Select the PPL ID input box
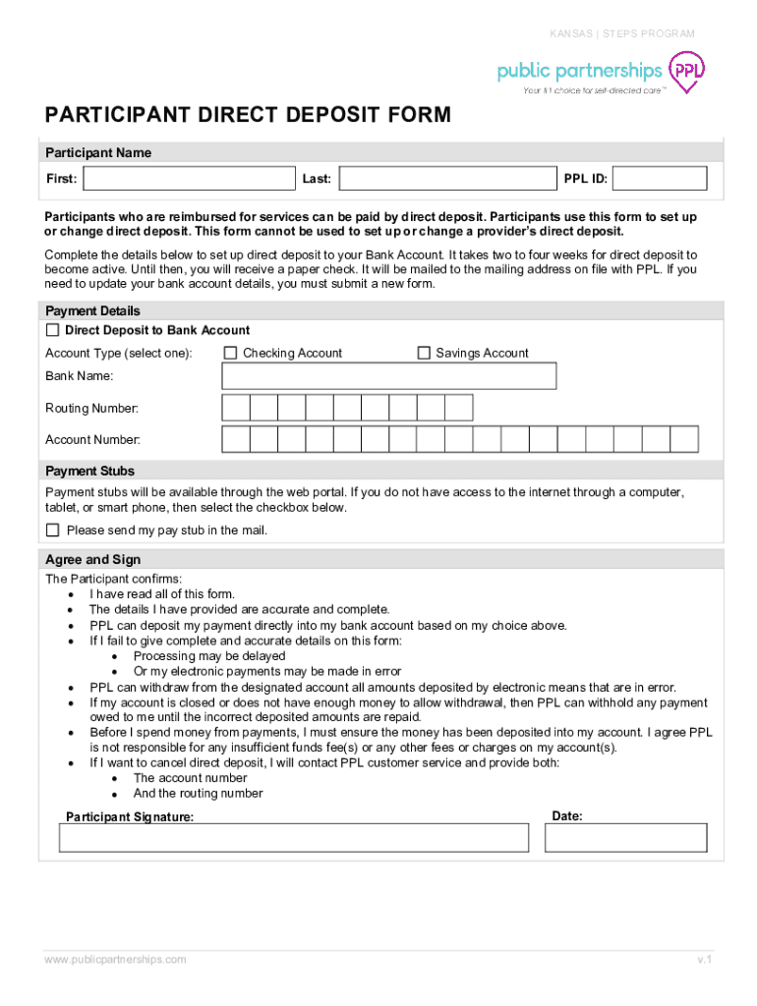click(x=662, y=179)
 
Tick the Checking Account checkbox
click(x=231, y=353)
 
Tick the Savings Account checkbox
click(x=425, y=353)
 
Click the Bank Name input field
click(x=389, y=376)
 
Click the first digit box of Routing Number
click(x=236, y=408)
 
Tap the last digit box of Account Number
click(x=684, y=439)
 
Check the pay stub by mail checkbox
click(x=53, y=531)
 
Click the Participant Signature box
click(x=294, y=837)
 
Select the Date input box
click(x=628, y=837)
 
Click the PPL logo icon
click(x=686, y=72)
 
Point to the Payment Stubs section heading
click(x=90, y=472)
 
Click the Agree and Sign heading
click(x=93, y=560)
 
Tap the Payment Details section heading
click(x=93, y=311)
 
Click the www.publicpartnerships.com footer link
click(x=115, y=959)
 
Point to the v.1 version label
click(x=704, y=959)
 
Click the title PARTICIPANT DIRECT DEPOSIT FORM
click(x=248, y=116)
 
